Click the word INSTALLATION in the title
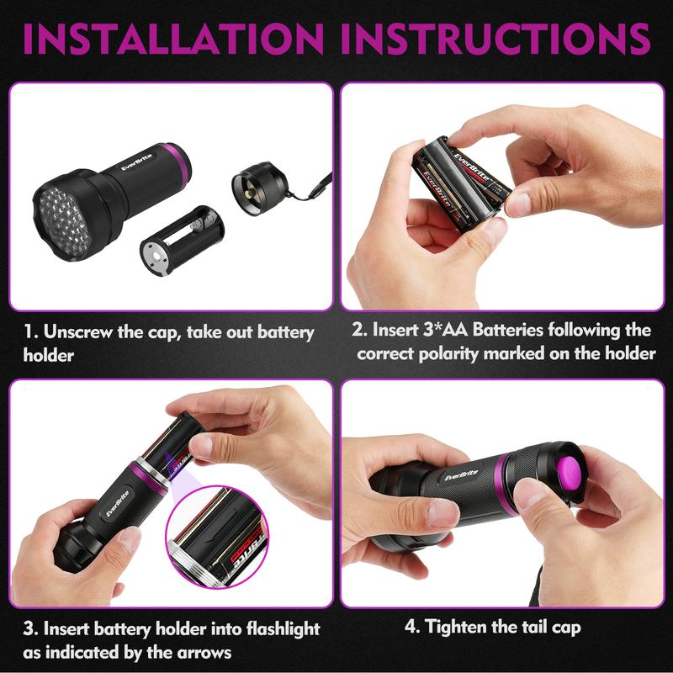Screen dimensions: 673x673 tap(173, 39)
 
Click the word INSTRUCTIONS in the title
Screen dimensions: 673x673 tap(495, 39)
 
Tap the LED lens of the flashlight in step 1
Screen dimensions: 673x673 tap(65, 222)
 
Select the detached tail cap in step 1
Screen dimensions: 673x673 tap(257, 188)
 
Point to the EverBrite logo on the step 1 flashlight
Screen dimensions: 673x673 tap(136, 162)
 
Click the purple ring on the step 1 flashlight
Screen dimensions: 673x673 tap(176, 162)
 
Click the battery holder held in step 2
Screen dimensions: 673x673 tap(461, 183)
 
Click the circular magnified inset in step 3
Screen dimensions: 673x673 tap(217, 537)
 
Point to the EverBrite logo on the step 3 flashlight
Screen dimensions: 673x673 tap(117, 503)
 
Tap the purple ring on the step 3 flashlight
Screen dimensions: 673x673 tap(149, 477)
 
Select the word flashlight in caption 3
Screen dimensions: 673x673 tap(283, 629)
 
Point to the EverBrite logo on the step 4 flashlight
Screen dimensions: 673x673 tap(461, 475)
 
